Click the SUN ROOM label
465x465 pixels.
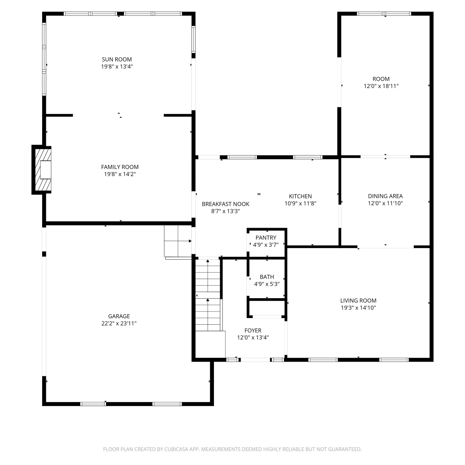[x=117, y=59]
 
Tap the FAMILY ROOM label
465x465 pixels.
[x=120, y=167]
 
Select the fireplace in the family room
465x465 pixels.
[x=42, y=170]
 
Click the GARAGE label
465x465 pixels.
[x=119, y=316]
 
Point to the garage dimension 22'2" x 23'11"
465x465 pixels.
[x=119, y=323]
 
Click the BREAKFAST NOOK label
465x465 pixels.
[x=226, y=204]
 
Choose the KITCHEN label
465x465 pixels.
[x=300, y=196]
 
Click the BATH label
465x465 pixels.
[x=267, y=277]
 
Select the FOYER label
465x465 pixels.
[x=253, y=330]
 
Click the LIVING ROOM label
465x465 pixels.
[x=358, y=300]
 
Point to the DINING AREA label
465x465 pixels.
[x=385, y=196]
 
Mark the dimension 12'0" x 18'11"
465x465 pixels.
[x=381, y=86]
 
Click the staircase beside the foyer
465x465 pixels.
[x=208, y=295]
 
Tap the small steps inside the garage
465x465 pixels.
[x=178, y=241]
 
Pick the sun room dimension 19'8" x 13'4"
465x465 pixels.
[x=117, y=66]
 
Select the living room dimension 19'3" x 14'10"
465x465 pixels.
[x=358, y=308]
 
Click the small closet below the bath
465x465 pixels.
[x=267, y=308]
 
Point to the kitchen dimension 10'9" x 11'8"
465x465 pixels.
[x=300, y=203]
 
